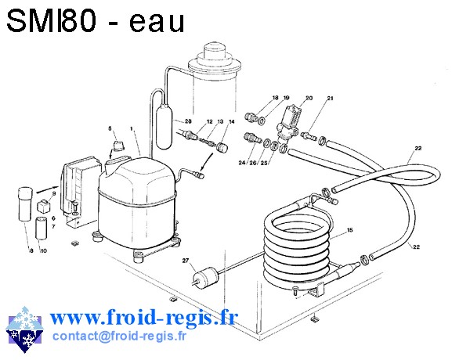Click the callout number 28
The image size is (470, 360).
(x=188, y=121)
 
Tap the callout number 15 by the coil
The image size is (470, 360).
(x=350, y=230)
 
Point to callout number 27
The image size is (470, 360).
(x=186, y=261)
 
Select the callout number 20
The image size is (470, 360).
(x=309, y=98)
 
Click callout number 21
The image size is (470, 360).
(x=330, y=98)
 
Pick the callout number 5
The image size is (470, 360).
(x=110, y=128)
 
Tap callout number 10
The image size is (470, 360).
(x=44, y=250)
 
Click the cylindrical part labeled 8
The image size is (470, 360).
(x=25, y=204)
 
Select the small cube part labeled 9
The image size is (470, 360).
(x=43, y=206)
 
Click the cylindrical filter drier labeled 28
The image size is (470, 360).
(x=164, y=126)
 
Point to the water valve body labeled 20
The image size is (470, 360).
(x=288, y=123)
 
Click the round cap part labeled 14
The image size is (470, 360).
(x=222, y=148)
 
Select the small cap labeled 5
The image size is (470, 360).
(x=118, y=146)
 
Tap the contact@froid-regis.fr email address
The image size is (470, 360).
(x=119, y=336)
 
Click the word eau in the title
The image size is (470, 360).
(x=157, y=22)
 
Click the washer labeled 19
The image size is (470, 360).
(x=261, y=121)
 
